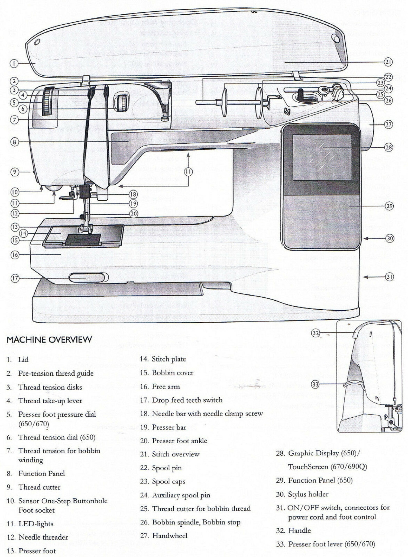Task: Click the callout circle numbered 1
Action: coord(14,64)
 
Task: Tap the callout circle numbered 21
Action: coord(388,62)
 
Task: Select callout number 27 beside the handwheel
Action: coord(388,124)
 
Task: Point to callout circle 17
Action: coord(15,278)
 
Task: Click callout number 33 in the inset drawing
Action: coord(315,384)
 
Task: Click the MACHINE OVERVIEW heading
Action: coord(49,339)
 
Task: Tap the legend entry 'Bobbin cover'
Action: coord(172,373)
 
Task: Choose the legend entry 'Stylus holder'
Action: coord(308,494)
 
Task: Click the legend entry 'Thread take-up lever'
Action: coord(50,401)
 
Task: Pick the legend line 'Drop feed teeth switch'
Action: coord(187,400)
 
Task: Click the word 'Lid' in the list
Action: coord(23,360)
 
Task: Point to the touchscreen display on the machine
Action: coord(322,157)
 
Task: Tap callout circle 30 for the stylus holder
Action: coord(390,238)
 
